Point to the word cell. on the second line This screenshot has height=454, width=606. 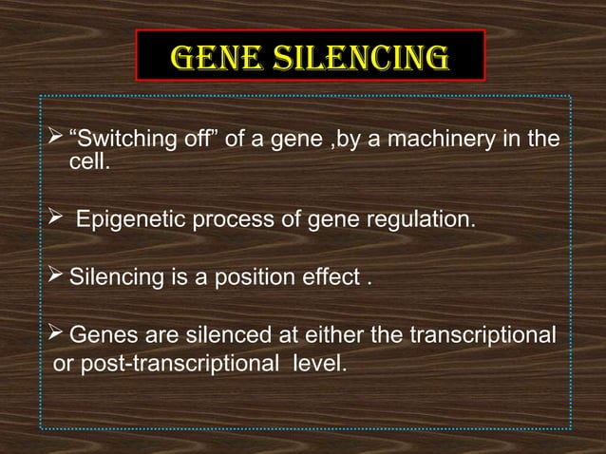click(90, 164)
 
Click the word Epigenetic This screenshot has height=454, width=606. click(132, 220)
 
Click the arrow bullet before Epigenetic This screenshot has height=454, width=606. click(55, 220)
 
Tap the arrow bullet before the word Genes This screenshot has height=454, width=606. click(55, 335)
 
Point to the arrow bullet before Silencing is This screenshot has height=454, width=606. click(55, 279)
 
